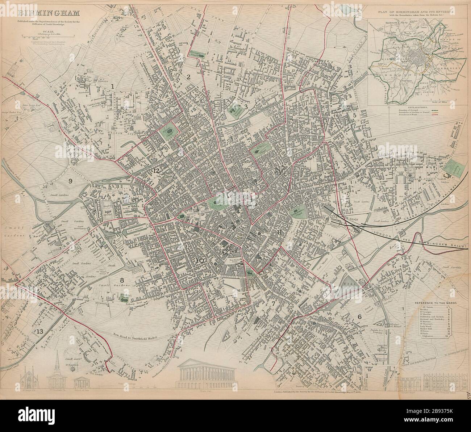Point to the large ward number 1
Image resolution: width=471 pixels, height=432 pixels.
coord(113,86)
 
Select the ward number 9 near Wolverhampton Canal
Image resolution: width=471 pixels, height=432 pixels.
coord(70,181)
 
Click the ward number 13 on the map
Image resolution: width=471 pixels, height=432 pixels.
coord(39,332)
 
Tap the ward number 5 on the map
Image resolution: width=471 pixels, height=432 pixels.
coord(355,115)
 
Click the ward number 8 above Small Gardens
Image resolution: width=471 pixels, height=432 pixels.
coord(122,280)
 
